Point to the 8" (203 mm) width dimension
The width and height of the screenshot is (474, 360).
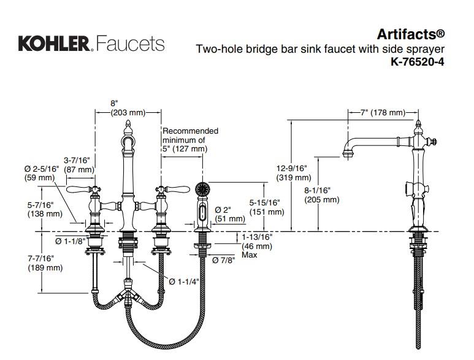128,108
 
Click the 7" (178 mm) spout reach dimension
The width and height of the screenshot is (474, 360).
383,112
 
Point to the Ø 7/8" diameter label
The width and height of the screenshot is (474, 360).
224,260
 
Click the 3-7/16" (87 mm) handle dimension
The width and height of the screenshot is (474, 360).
78,164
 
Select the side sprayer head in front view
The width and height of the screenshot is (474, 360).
201,202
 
